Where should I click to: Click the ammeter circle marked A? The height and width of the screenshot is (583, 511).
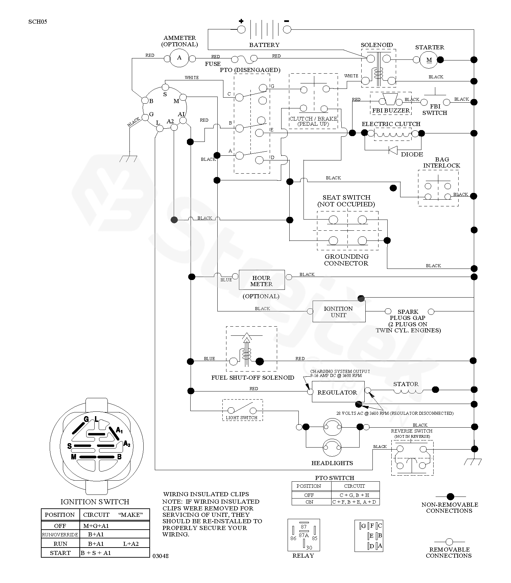(x=179, y=58)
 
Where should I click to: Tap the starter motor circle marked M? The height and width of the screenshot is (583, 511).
(x=429, y=60)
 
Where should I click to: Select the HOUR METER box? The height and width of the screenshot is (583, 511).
(x=262, y=280)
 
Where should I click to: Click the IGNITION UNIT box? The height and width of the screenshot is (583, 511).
(x=339, y=312)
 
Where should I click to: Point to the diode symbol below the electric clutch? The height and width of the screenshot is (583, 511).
(x=393, y=150)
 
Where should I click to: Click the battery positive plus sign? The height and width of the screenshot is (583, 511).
(x=241, y=21)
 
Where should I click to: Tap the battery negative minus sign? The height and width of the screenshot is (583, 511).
(x=287, y=21)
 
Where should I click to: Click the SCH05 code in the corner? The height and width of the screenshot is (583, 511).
(x=38, y=22)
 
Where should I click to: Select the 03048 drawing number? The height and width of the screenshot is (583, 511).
(x=161, y=556)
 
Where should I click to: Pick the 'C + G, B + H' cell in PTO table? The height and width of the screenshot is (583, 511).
(x=355, y=495)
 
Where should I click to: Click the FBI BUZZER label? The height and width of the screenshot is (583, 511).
(x=391, y=110)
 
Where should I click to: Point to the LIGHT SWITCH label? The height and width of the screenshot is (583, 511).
(x=242, y=418)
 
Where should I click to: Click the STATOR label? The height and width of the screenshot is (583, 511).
(x=406, y=384)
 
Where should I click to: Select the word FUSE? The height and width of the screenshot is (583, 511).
(x=213, y=64)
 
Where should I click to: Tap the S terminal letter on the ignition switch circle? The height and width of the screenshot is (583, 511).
(x=165, y=94)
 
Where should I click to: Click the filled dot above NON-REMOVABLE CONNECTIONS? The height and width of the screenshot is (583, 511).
(x=450, y=497)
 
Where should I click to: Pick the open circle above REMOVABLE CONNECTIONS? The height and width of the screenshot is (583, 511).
(x=449, y=542)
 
